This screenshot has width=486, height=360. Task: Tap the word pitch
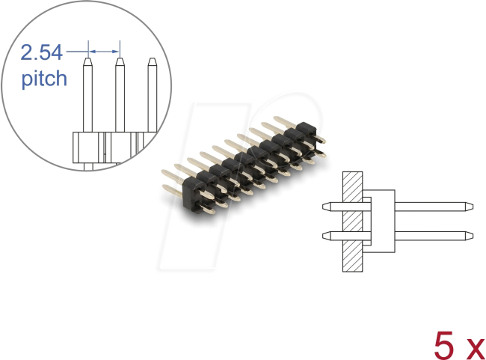tap(43, 78)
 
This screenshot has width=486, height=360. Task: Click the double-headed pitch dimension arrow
tap(103, 52)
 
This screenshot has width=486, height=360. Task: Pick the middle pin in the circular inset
tap(119, 97)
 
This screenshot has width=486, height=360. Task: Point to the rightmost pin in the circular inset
tap(152, 97)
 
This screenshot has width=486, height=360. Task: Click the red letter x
tap(474, 347)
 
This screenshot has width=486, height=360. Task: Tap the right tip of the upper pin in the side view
tap(467, 205)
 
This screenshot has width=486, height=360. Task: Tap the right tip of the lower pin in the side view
tap(467, 236)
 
